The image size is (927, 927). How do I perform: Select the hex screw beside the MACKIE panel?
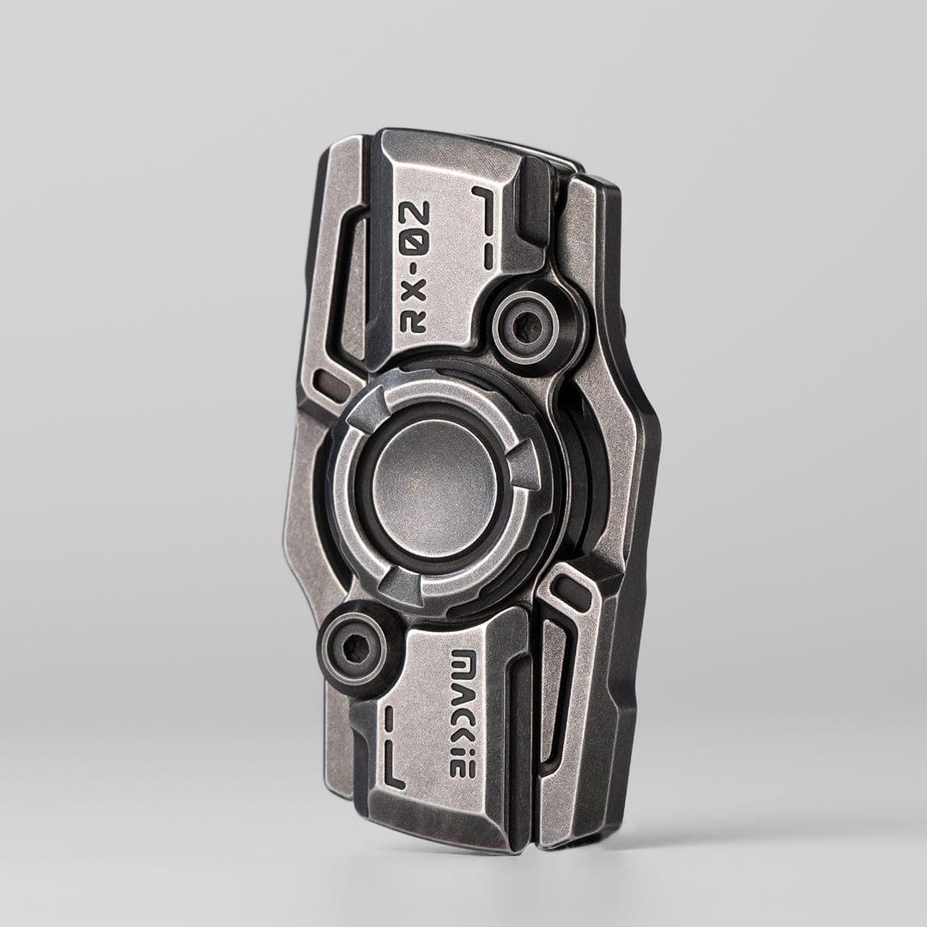tap(351, 650)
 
